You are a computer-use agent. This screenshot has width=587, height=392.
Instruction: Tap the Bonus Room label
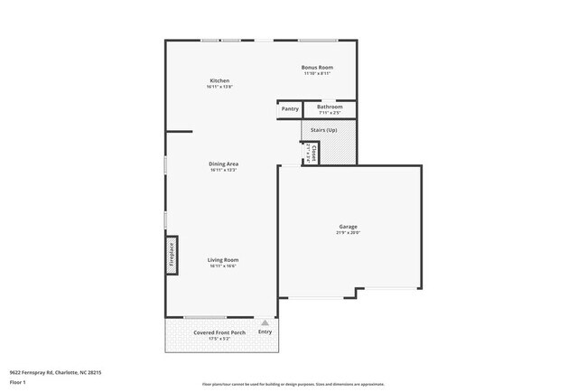click(317, 67)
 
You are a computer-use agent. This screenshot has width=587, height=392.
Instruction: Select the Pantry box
click(289, 109)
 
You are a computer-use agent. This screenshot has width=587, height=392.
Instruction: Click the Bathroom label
click(330, 107)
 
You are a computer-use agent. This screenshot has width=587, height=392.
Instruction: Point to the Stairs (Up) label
click(324, 130)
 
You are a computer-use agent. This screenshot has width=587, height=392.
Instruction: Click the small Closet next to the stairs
click(311, 152)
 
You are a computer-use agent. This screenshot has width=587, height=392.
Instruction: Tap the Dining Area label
click(223, 163)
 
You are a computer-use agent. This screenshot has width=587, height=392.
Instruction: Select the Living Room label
click(223, 259)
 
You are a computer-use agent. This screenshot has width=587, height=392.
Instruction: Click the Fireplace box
click(170, 254)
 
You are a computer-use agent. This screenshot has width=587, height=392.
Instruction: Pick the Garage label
click(348, 227)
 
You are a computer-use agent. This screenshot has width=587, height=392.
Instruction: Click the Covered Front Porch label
click(219, 332)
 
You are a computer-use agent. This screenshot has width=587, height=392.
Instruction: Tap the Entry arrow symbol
click(265, 322)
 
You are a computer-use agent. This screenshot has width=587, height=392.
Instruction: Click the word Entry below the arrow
click(265, 332)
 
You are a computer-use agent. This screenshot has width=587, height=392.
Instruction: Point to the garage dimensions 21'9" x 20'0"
click(348, 233)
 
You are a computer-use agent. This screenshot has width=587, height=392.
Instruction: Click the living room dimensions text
click(223, 266)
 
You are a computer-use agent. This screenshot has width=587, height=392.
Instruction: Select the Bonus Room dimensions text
click(317, 73)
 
